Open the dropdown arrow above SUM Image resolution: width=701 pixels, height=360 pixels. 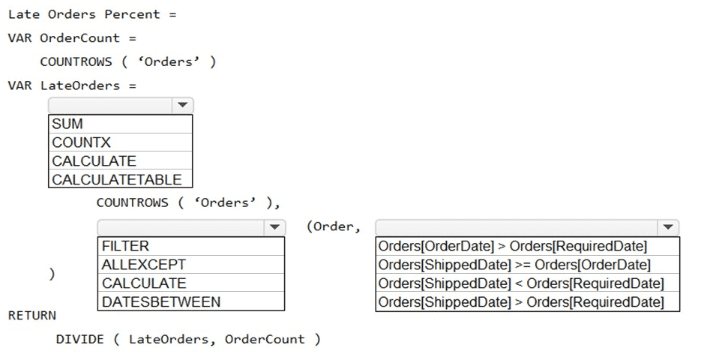(x=182, y=106)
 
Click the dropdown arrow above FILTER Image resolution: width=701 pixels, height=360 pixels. (x=274, y=227)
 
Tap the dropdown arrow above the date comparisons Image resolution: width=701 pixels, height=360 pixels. (x=667, y=227)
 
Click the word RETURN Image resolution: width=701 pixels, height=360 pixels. (x=32, y=316)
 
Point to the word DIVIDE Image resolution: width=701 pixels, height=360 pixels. (x=79, y=339)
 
